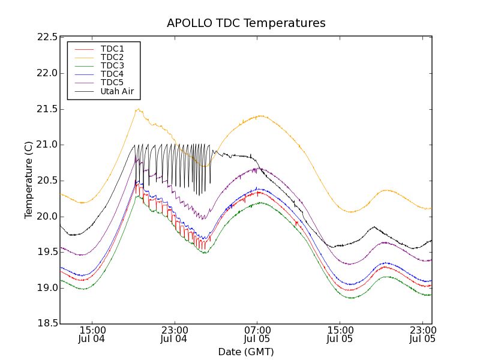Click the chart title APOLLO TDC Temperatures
246,23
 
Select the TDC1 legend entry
112,49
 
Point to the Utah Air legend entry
117,91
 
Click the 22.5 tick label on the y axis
47,37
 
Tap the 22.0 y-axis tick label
47,73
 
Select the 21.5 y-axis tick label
47,109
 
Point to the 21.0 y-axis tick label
47,145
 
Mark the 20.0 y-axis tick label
47,217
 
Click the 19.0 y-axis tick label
47,288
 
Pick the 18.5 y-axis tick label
47,324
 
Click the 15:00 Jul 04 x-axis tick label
92,334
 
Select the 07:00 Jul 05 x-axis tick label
257,334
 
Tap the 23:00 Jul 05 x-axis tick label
422,334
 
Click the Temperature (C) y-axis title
29,180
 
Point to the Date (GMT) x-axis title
246,352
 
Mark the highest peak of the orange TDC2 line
139,109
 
